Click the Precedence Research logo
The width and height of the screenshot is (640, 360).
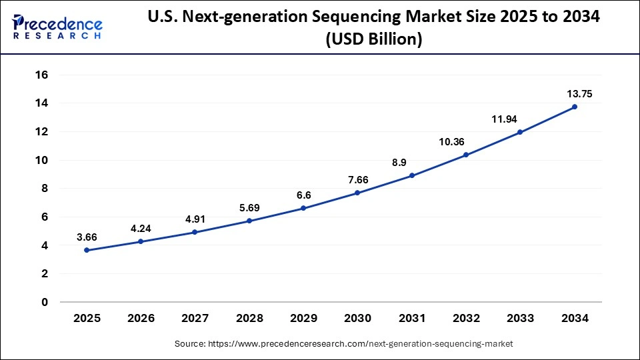coord(57,26)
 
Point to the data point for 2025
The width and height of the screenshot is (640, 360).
coord(86,250)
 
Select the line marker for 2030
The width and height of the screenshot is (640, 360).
coord(357,193)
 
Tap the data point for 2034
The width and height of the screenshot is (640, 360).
coord(575,107)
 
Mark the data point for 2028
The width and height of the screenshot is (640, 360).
coord(249,221)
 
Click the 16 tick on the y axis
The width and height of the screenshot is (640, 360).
coord(41,75)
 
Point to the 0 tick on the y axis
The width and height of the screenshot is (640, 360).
coord(45,302)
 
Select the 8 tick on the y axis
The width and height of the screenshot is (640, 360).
coord(45,189)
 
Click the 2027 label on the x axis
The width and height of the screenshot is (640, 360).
coord(195,319)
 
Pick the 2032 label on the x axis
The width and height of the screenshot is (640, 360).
coord(466,319)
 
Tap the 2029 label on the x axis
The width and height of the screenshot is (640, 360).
coord(303,319)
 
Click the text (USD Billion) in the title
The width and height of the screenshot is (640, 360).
coord(373,39)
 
